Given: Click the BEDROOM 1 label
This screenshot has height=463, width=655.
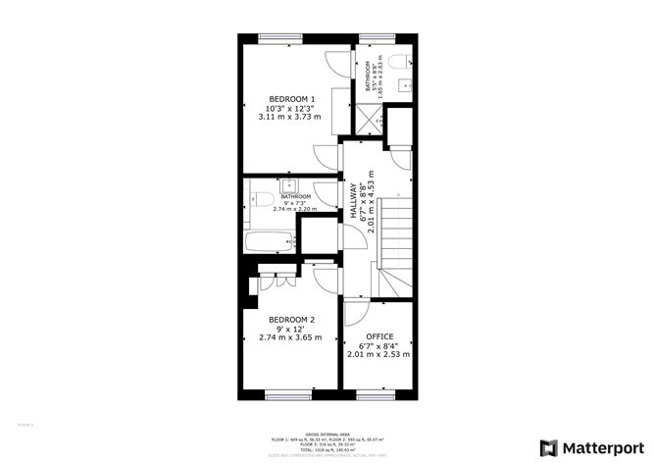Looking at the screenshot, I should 292,99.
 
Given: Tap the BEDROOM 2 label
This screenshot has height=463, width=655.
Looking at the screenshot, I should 290,320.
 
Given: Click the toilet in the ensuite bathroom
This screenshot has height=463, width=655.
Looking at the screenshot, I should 395,63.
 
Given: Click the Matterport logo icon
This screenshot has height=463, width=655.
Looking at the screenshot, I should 548,446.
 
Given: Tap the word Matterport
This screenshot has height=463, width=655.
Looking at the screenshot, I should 600,446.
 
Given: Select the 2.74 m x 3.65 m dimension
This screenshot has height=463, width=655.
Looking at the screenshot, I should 290,337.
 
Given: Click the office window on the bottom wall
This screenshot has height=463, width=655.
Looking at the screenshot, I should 376,395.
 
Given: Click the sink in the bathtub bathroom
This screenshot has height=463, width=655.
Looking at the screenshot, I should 290,185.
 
